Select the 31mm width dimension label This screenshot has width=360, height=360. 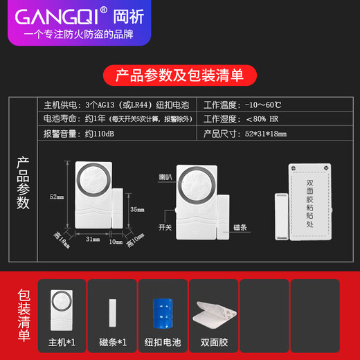click(x=92, y=239)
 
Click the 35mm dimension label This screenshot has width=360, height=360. click(x=136, y=208)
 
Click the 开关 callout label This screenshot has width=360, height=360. click(x=164, y=226)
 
